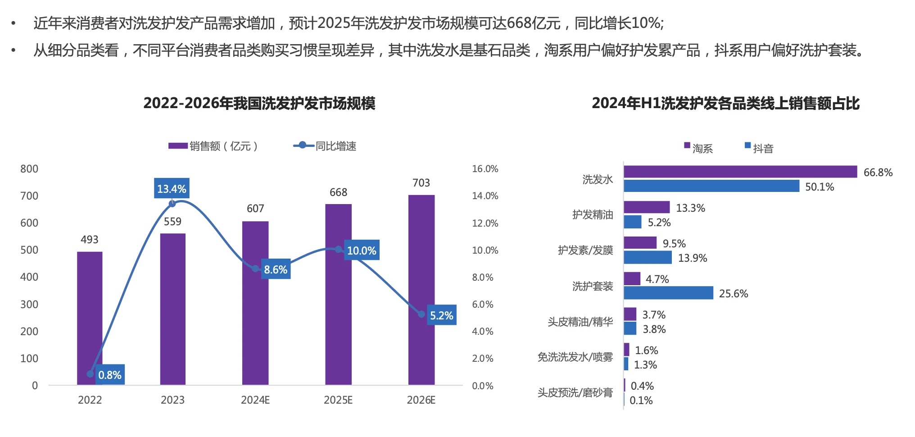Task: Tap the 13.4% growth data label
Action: (172, 189)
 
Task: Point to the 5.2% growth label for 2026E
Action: (441, 315)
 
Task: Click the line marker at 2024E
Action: (255, 269)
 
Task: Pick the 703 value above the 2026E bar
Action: (421, 183)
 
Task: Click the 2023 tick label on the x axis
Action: (172, 400)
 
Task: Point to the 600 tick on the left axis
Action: (29, 223)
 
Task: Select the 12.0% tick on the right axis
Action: (485, 223)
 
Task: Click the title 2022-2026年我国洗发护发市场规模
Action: (259, 103)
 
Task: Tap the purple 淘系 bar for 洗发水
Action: (740, 172)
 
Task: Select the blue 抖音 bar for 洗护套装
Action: (668, 293)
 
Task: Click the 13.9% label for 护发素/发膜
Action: (693, 258)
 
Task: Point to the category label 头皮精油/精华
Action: (580, 322)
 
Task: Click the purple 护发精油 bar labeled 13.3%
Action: (647, 207)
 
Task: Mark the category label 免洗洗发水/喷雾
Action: (575, 357)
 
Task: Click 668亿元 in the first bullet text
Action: (534, 23)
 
